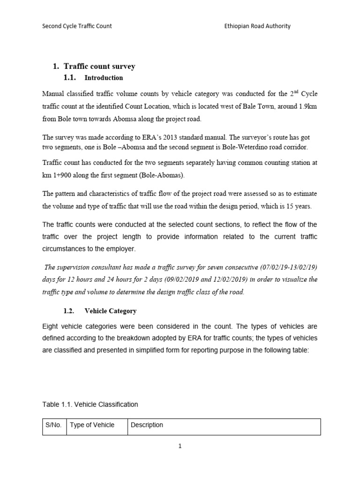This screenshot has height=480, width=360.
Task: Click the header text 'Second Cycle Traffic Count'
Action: coord(77,26)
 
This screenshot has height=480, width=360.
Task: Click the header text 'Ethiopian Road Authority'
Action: coord(257,26)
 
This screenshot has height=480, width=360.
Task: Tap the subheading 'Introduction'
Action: coord(104,78)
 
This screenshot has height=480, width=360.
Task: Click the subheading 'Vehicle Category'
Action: coord(110,311)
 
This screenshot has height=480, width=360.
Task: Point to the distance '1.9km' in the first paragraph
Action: coord(307,106)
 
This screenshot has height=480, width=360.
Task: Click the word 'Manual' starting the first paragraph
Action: coord(53,94)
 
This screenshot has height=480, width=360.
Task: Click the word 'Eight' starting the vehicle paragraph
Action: coord(51,326)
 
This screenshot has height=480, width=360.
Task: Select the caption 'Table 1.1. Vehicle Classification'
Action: coord(90,404)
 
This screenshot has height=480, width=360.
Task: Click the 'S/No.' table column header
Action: coord(53,425)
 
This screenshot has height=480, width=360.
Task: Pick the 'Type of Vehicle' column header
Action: coord(92,425)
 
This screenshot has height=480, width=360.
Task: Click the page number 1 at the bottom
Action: coord(180,446)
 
